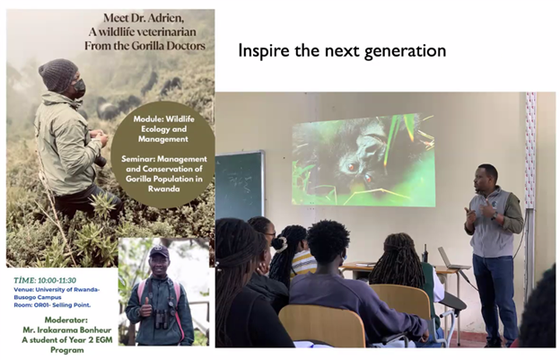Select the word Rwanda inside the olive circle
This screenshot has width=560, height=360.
(164, 189)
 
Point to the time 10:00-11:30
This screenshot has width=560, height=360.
(57, 280)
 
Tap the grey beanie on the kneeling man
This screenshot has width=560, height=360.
(57, 75)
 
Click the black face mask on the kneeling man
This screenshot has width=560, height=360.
(79, 88)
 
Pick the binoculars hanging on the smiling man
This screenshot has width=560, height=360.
(162, 319)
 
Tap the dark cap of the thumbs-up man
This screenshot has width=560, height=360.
(159, 251)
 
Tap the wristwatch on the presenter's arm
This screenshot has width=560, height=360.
(494, 216)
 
